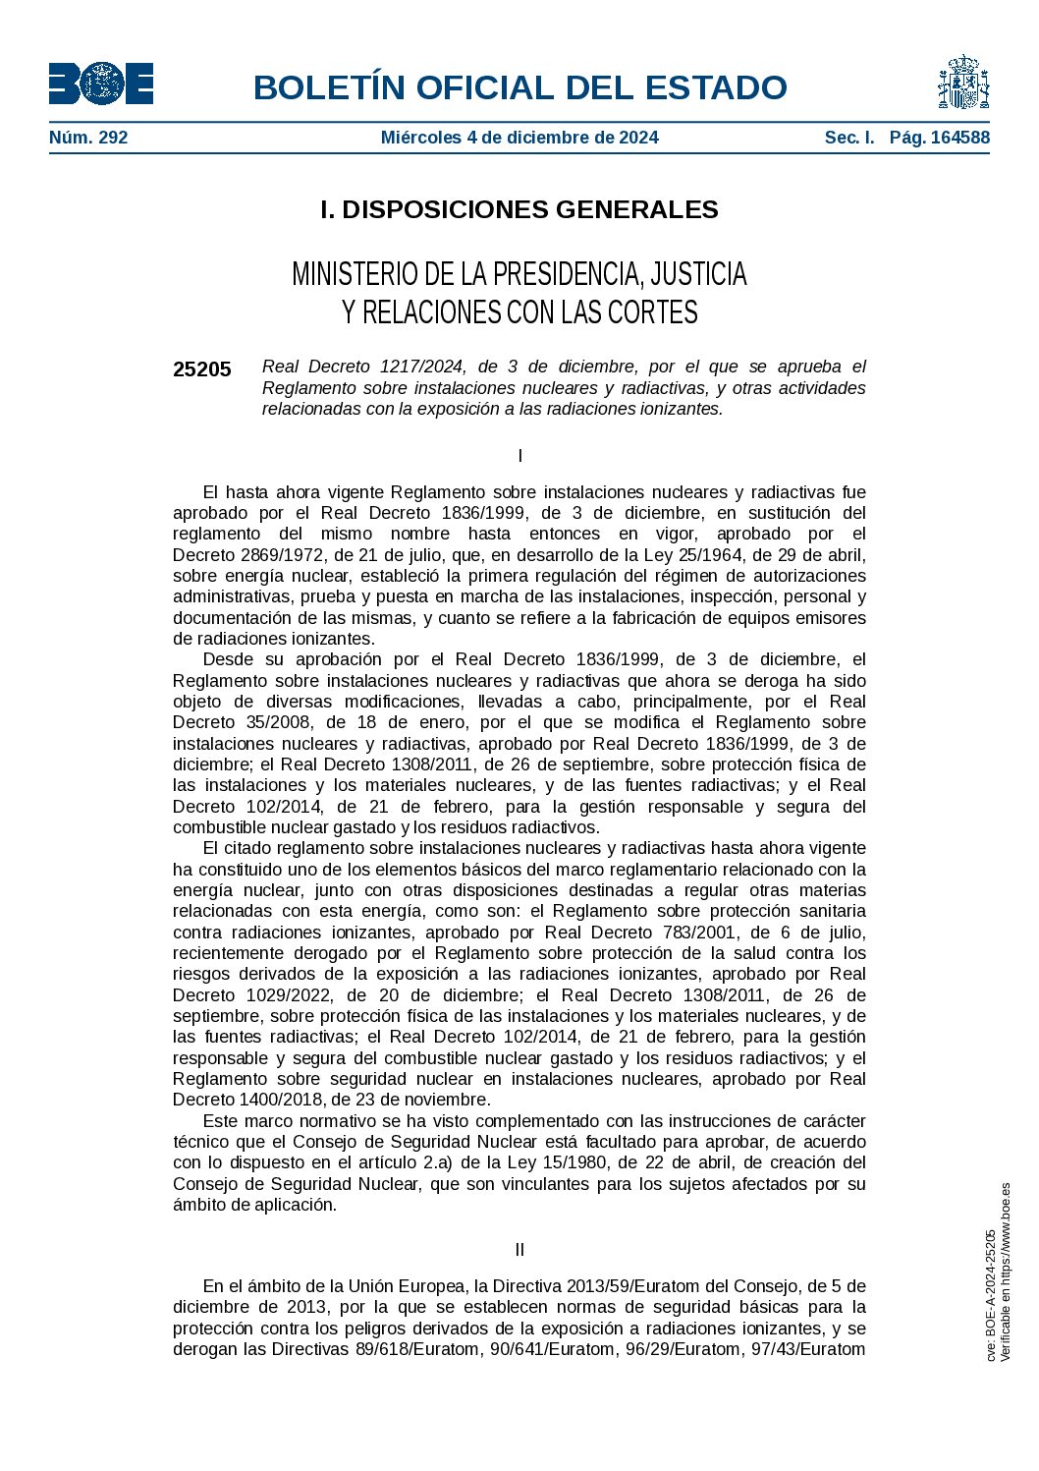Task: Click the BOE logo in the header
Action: click(101, 84)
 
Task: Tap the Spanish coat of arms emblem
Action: click(962, 83)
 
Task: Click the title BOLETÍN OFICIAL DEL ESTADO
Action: click(519, 87)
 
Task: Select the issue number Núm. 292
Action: click(88, 138)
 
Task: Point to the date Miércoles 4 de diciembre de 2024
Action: click(519, 138)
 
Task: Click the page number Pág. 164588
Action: click(939, 138)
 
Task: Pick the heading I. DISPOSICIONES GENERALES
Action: click(519, 209)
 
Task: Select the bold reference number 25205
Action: click(202, 369)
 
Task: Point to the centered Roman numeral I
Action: click(519, 456)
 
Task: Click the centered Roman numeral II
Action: click(519, 1250)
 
